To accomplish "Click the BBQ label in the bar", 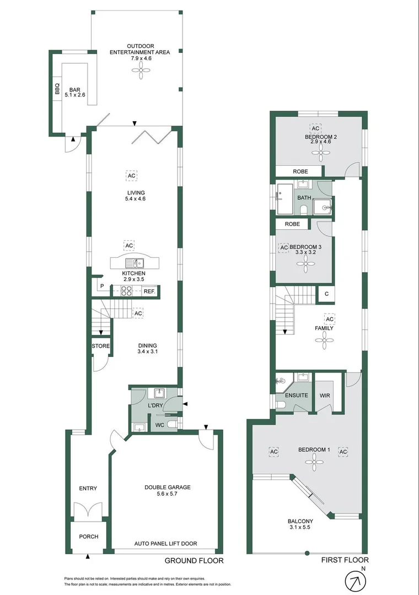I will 57,89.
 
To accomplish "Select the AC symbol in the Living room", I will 131,176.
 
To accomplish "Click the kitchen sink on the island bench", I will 133,263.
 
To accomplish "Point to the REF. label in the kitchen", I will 149,291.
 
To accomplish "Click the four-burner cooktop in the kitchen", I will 127,291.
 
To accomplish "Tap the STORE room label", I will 100,346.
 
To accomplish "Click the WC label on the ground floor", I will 160,425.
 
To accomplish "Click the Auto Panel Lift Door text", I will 165,543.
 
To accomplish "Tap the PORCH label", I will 88,536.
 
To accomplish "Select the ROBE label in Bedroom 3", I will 292,224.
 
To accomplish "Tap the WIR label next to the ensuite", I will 324,396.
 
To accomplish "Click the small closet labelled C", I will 326,294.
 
